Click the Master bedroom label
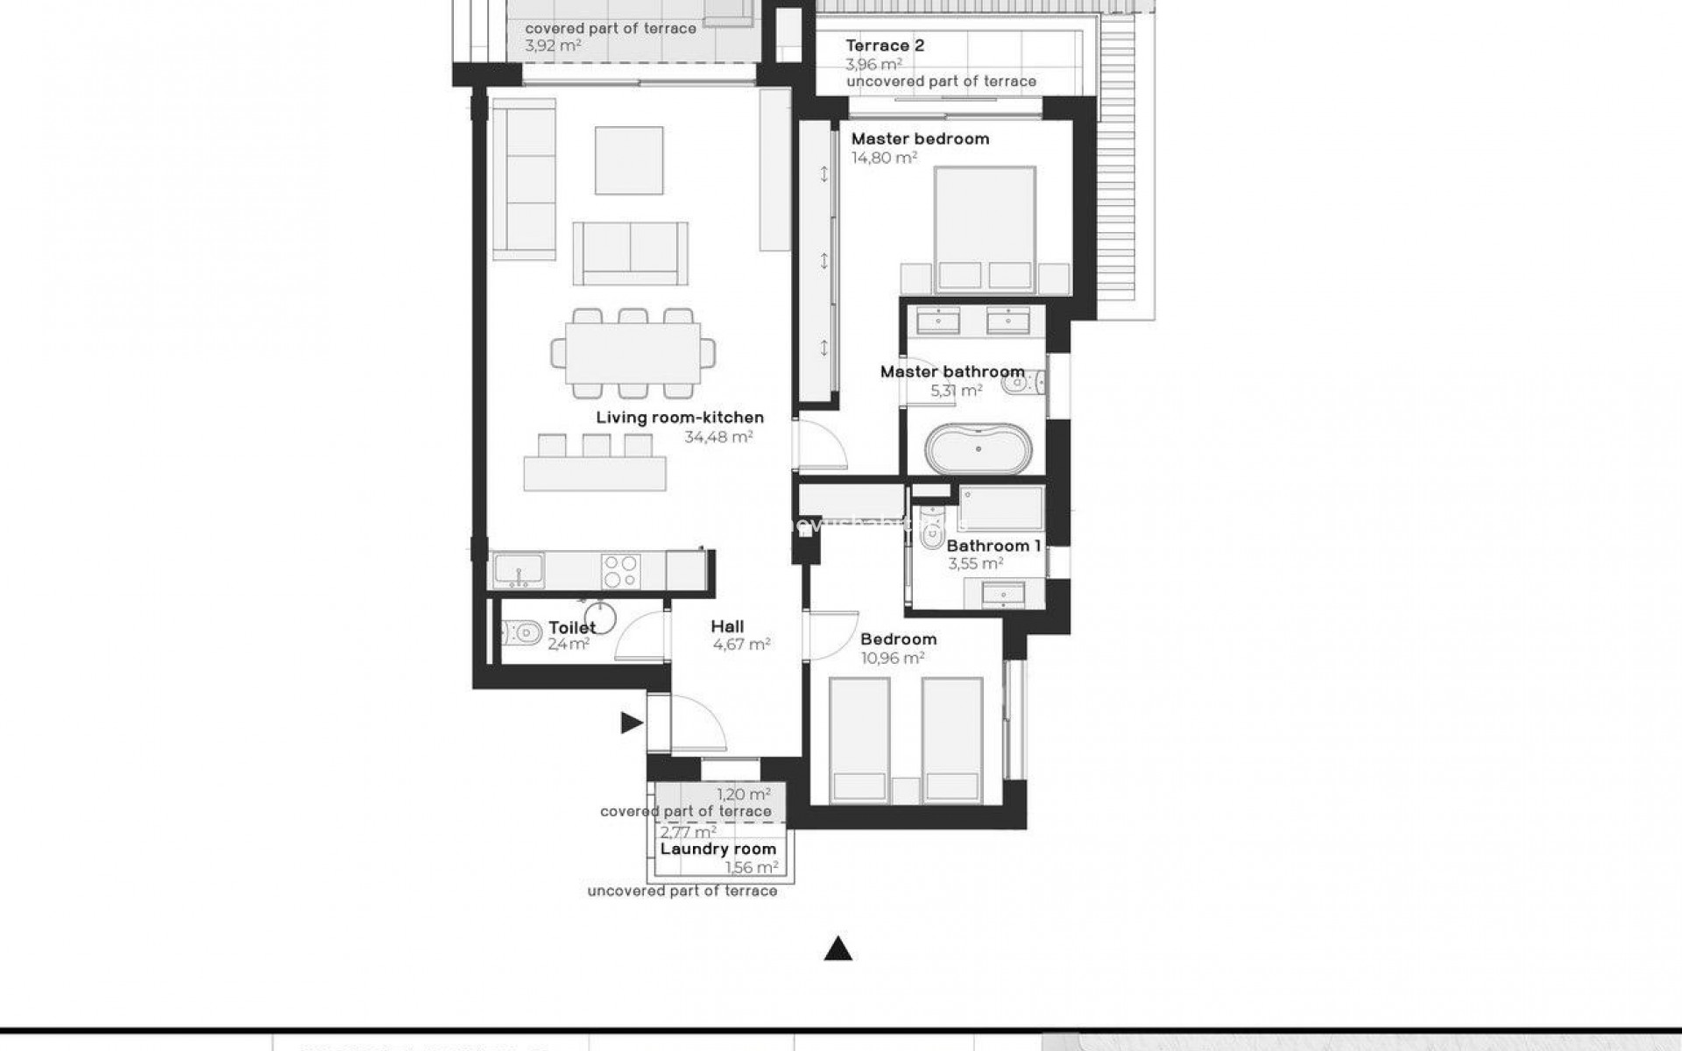920,138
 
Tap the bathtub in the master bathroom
979,448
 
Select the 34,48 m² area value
718,436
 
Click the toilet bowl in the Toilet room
523,631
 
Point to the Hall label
727,626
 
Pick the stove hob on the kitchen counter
621,571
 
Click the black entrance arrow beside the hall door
632,723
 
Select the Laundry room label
717,849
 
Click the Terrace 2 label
885,46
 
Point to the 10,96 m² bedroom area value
893,658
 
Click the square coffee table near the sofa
629,160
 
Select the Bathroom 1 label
993,546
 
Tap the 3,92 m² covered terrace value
553,45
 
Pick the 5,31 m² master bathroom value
956,391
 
